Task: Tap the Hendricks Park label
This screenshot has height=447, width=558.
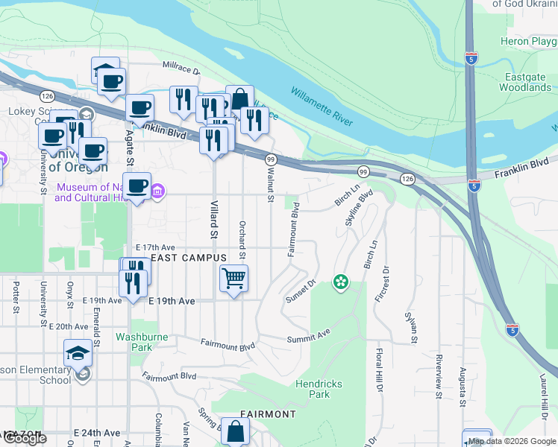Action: (x=319, y=389)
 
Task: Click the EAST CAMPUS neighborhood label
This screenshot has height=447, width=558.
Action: (x=188, y=258)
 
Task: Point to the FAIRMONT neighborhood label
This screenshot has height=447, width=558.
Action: (x=268, y=413)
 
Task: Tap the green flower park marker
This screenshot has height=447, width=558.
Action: (x=340, y=282)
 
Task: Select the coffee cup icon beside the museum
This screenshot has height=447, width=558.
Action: (x=137, y=186)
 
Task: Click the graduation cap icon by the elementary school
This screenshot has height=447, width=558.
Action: (x=78, y=352)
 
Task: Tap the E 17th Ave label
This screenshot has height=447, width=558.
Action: (x=154, y=247)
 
